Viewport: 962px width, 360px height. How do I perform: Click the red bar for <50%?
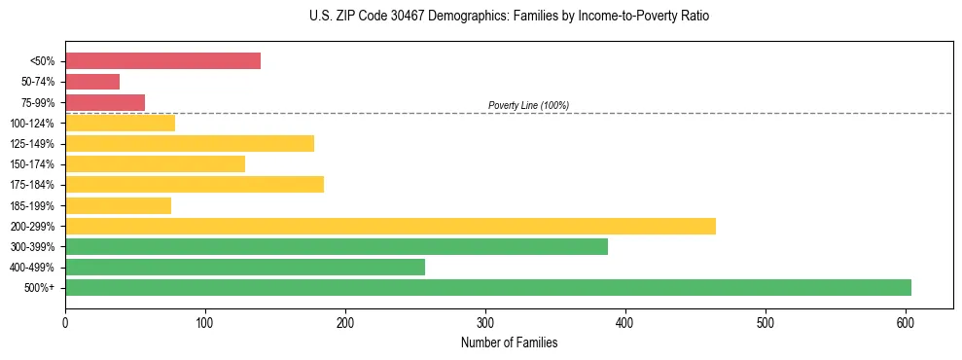(x=162, y=61)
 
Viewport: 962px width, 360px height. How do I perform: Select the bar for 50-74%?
(x=92, y=82)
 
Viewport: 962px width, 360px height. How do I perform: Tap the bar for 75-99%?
(x=105, y=102)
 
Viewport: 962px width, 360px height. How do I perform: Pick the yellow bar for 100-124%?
(x=120, y=123)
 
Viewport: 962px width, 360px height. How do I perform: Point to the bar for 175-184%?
(x=195, y=185)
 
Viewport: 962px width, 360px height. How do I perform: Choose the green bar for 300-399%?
(x=337, y=247)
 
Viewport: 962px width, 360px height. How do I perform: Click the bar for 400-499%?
(x=245, y=268)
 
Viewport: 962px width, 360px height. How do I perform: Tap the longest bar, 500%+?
(x=488, y=288)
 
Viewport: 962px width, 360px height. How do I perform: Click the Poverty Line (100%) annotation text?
(x=528, y=105)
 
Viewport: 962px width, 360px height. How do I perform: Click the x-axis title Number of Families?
(x=509, y=342)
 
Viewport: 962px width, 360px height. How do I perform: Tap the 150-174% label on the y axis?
(x=32, y=164)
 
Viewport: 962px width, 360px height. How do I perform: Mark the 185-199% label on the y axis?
(x=32, y=205)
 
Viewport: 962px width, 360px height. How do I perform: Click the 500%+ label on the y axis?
(x=39, y=288)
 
